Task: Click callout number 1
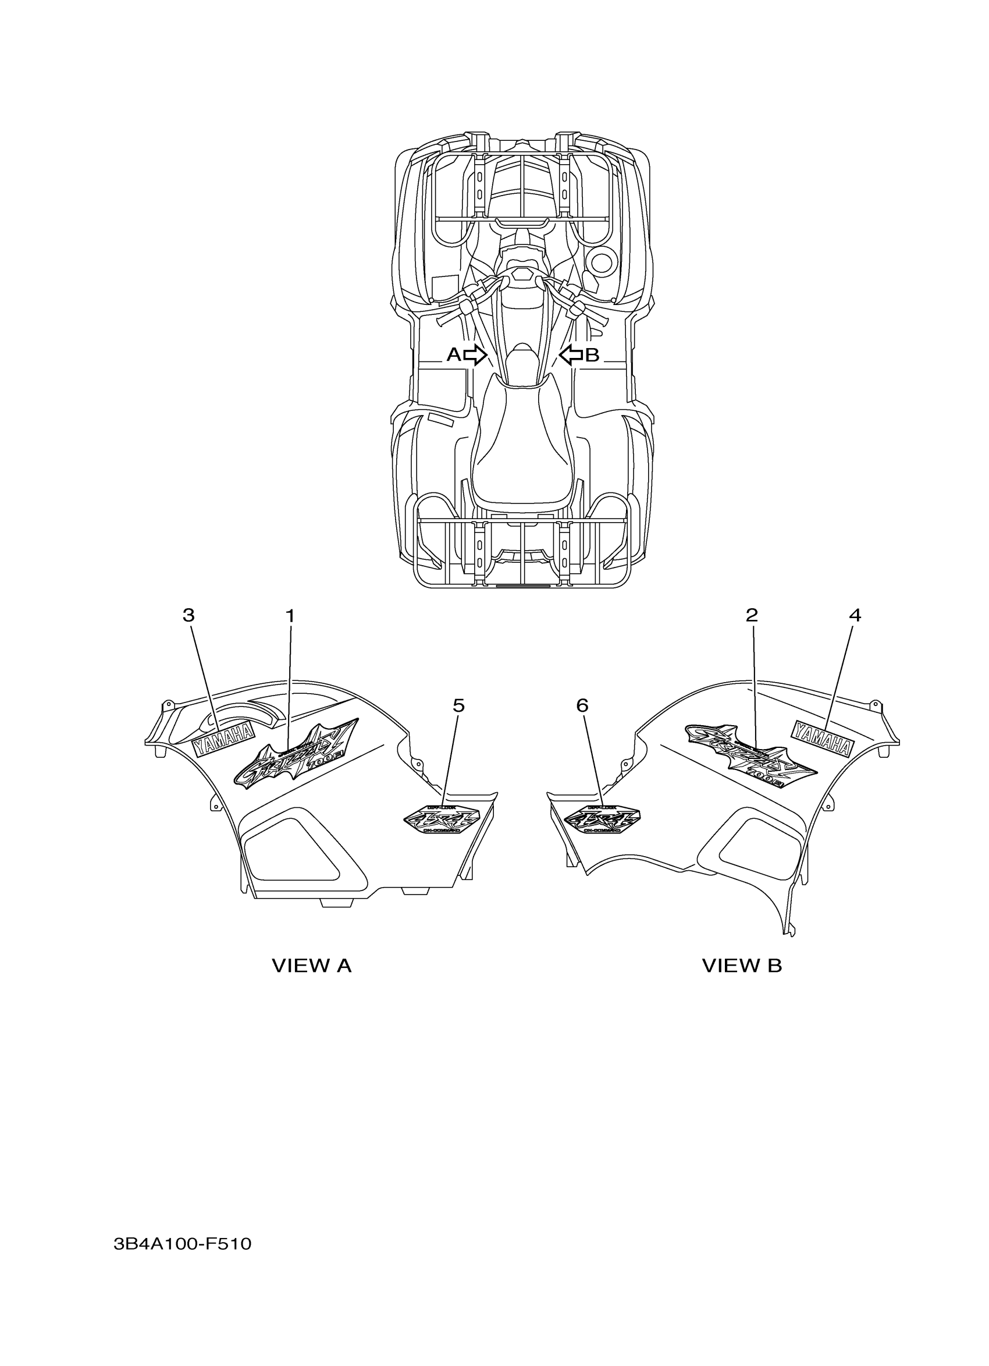[x=290, y=616]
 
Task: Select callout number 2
[x=751, y=615]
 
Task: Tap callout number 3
[x=188, y=616]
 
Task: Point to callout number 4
[x=855, y=616]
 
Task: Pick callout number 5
[x=458, y=705]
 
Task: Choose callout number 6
[x=582, y=705]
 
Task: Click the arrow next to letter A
[x=475, y=355]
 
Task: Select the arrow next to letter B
[x=571, y=355]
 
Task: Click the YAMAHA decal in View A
[x=223, y=739]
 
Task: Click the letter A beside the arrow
[x=453, y=355]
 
